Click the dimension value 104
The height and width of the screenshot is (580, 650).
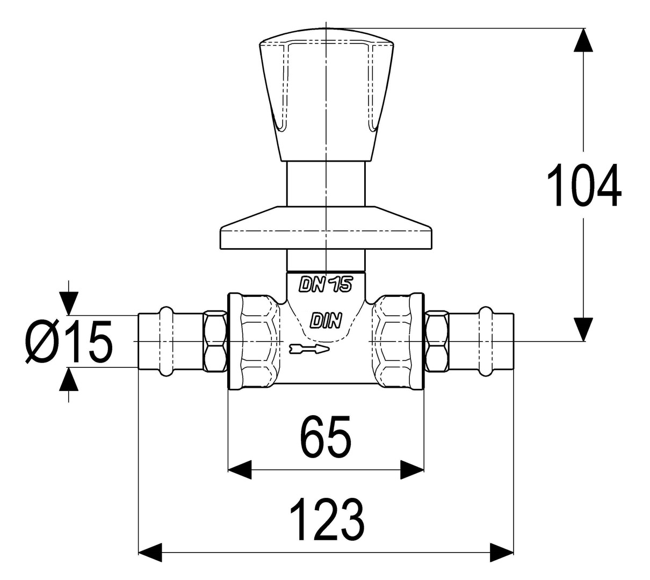point(583,185)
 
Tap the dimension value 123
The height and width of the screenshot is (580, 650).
point(326,520)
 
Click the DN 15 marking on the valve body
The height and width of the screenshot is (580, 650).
point(326,285)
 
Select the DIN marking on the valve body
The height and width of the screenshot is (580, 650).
point(326,321)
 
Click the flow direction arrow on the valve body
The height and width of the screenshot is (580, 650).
point(309,349)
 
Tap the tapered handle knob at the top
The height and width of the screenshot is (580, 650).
point(326,95)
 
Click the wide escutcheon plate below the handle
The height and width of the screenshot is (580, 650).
point(326,228)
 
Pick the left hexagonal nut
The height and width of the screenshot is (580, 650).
point(214,342)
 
